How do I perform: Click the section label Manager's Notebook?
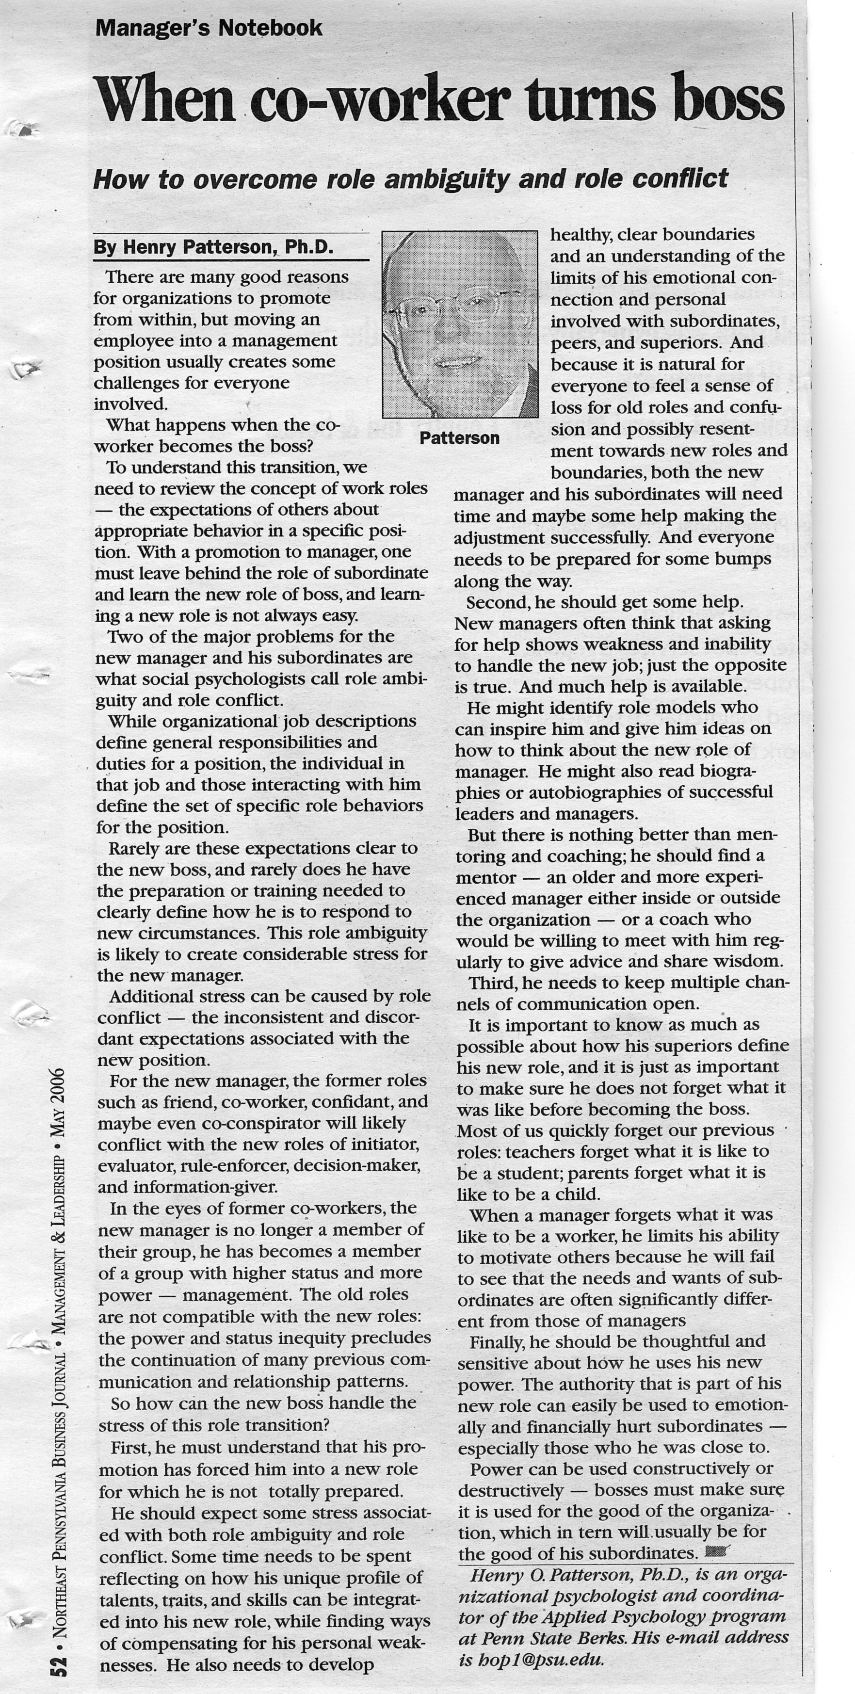tap(209, 28)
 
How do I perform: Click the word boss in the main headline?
tap(729, 98)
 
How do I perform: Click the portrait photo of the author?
tap(460, 323)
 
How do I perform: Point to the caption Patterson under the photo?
tap(459, 438)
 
